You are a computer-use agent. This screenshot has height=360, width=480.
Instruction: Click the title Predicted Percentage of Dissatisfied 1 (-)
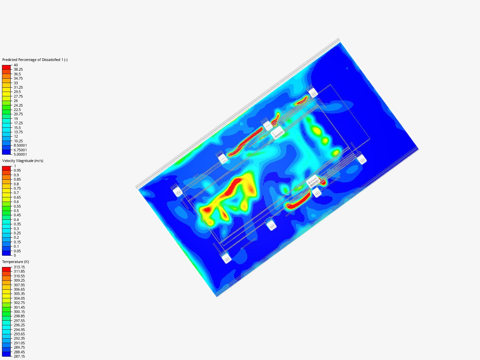[x=35, y=60]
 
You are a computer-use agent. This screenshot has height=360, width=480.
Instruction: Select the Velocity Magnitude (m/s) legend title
[x=23, y=161]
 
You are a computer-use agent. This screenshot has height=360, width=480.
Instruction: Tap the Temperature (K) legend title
[x=16, y=262]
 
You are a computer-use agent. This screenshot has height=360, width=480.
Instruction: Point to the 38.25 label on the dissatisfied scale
[x=18, y=69]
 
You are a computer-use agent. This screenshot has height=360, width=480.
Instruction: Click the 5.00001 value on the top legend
[x=20, y=154]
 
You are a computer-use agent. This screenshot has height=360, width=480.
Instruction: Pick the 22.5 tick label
[x=17, y=110]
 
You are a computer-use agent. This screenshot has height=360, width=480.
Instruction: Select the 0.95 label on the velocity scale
[x=17, y=170]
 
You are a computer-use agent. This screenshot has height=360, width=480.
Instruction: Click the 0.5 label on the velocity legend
[x=16, y=211]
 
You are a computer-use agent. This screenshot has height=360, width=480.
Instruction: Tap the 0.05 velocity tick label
[x=17, y=251]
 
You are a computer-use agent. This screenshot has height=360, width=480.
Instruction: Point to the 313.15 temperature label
[x=19, y=267]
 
